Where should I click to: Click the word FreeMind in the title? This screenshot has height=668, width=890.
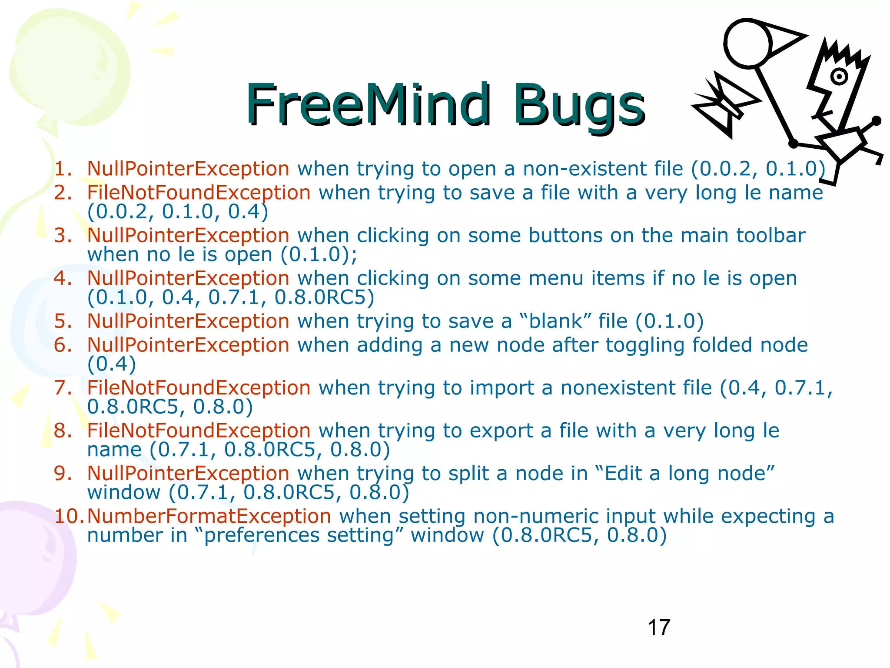[x=368, y=104]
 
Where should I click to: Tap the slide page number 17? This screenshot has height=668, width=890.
[x=659, y=628]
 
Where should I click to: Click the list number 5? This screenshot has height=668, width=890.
[x=63, y=321]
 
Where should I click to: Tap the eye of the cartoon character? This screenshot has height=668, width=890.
[x=839, y=77]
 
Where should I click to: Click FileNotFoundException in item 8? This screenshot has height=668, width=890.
[x=199, y=431]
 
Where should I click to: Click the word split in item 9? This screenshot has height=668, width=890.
[x=472, y=473]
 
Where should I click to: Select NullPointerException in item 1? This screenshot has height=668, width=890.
[x=188, y=169]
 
